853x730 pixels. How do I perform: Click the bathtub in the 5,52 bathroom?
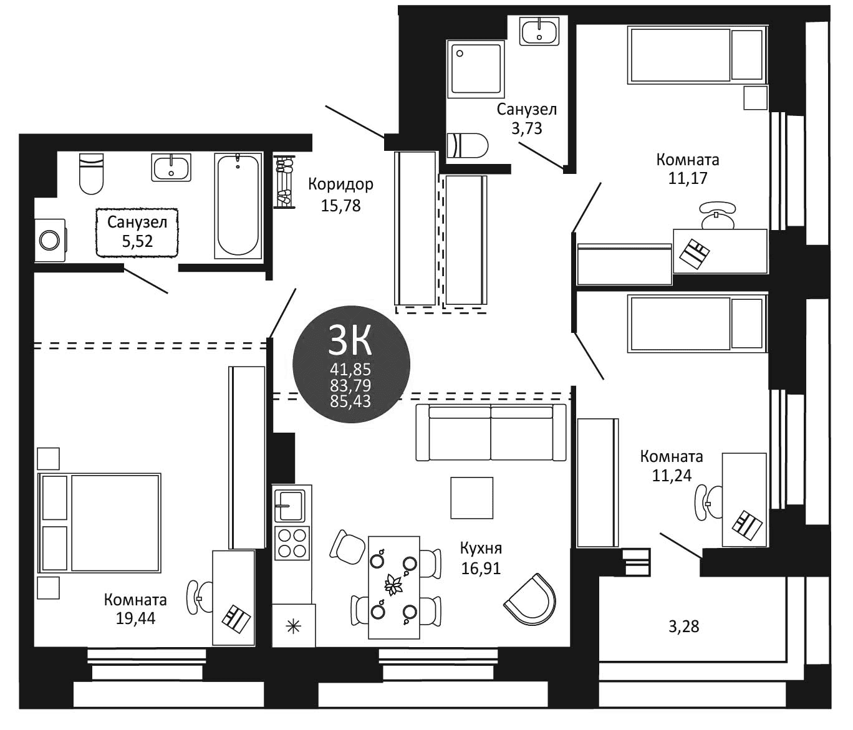pos(237,204)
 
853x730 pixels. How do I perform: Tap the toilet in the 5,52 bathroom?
pos(91,173)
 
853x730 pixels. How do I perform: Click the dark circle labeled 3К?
pos(351,364)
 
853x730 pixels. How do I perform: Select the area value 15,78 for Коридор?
pos(340,205)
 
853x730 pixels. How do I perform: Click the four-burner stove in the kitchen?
pos(292,543)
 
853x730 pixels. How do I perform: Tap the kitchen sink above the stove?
pos(291,505)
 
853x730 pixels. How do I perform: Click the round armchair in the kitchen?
pos(531,599)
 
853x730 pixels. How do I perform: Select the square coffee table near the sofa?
pos(472,497)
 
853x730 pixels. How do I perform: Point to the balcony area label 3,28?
pos(683,627)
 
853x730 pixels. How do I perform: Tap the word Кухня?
pos(481,549)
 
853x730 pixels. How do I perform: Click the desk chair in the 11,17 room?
pos(717,215)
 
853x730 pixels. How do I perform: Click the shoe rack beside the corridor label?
pos(286,182)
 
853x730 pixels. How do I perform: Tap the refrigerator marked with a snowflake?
pos(294,625)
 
